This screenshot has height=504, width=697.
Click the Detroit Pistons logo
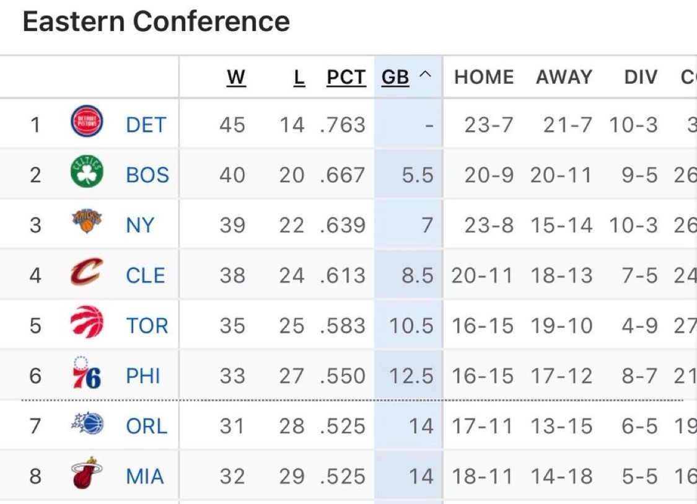(87, 122)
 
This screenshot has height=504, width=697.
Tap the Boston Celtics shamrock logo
(87, 173)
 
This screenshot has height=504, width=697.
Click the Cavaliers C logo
(87, 273)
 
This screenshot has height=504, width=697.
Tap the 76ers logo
(87, 374)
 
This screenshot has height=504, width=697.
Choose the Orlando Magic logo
(87, 425)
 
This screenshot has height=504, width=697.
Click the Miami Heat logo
(87, 474)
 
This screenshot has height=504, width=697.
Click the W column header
(236, 77)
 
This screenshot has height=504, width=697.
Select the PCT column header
(346, 77)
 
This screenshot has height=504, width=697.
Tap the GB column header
(395, 77)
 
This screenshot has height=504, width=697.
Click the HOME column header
(484, 77)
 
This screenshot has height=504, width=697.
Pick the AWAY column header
(564, 77)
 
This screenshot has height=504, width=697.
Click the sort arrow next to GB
(424, 76)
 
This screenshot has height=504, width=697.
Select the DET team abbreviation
(146, 125)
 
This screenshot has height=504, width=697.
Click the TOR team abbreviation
(147, 325)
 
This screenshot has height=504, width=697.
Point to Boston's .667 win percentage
(343, 175)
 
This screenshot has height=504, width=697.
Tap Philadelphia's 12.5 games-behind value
(411, 376)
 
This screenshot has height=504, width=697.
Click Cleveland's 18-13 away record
(561, 275)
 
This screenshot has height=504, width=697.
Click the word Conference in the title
(211, 22)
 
